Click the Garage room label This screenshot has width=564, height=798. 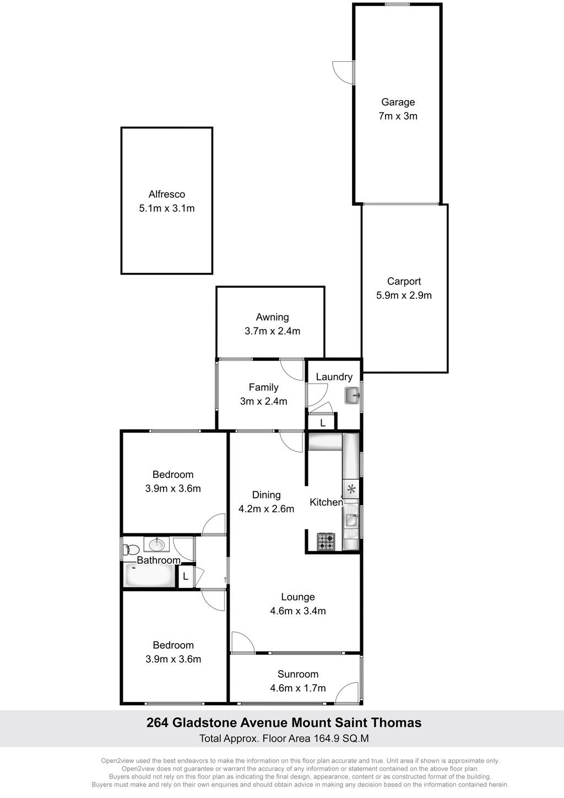[398, 103]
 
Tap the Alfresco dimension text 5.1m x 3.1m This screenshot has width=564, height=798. [167, 208]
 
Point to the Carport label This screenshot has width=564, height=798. [404, 282]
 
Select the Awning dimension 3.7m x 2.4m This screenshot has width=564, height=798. [272, 331]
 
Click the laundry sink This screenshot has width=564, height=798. [352, 396]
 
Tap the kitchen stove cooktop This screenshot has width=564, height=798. [326, 542]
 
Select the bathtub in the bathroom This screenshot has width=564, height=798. [149, 574]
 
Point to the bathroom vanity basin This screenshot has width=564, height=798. [156, 544]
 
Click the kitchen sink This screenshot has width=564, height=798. [351, 520]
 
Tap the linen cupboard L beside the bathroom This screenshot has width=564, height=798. [185, 576]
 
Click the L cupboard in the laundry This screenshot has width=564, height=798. [322, 423]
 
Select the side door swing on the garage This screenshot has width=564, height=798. [343, 72]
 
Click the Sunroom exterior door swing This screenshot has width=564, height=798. [346, 694]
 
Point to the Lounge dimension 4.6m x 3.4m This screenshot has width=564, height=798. [297, 611]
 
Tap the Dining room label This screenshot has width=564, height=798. [266, 494]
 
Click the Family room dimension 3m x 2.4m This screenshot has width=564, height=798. [263, 401]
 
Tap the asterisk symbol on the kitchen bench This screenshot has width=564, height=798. [351, 489]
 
